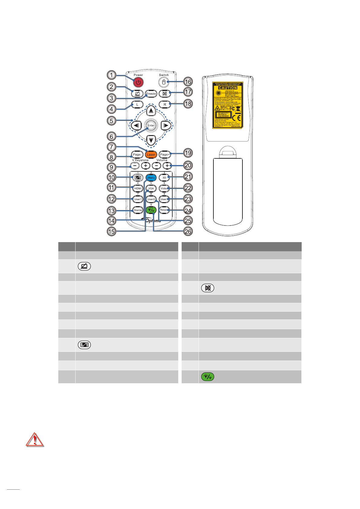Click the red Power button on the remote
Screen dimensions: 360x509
[138, 82]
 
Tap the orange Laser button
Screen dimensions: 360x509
[151, 154]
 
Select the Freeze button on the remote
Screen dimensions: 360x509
[151, 94]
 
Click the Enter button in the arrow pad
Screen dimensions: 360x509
[151, 125]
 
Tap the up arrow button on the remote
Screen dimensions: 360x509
[151, 111]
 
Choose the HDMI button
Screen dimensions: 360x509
[138, 188]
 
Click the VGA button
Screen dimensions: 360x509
[151, 188]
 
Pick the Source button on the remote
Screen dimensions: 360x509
[138, 210]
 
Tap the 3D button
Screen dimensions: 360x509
[164, 178]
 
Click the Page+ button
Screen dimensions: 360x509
[164, 154]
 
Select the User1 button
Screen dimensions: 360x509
[138, 199]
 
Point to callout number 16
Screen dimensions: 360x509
[188, 82]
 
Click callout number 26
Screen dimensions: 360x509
[188, 232]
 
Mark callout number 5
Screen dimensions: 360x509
[112, 121]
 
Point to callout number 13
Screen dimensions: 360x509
[112, 211]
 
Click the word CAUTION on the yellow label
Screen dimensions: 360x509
[228, 88]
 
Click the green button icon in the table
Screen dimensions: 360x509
[208, 377]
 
